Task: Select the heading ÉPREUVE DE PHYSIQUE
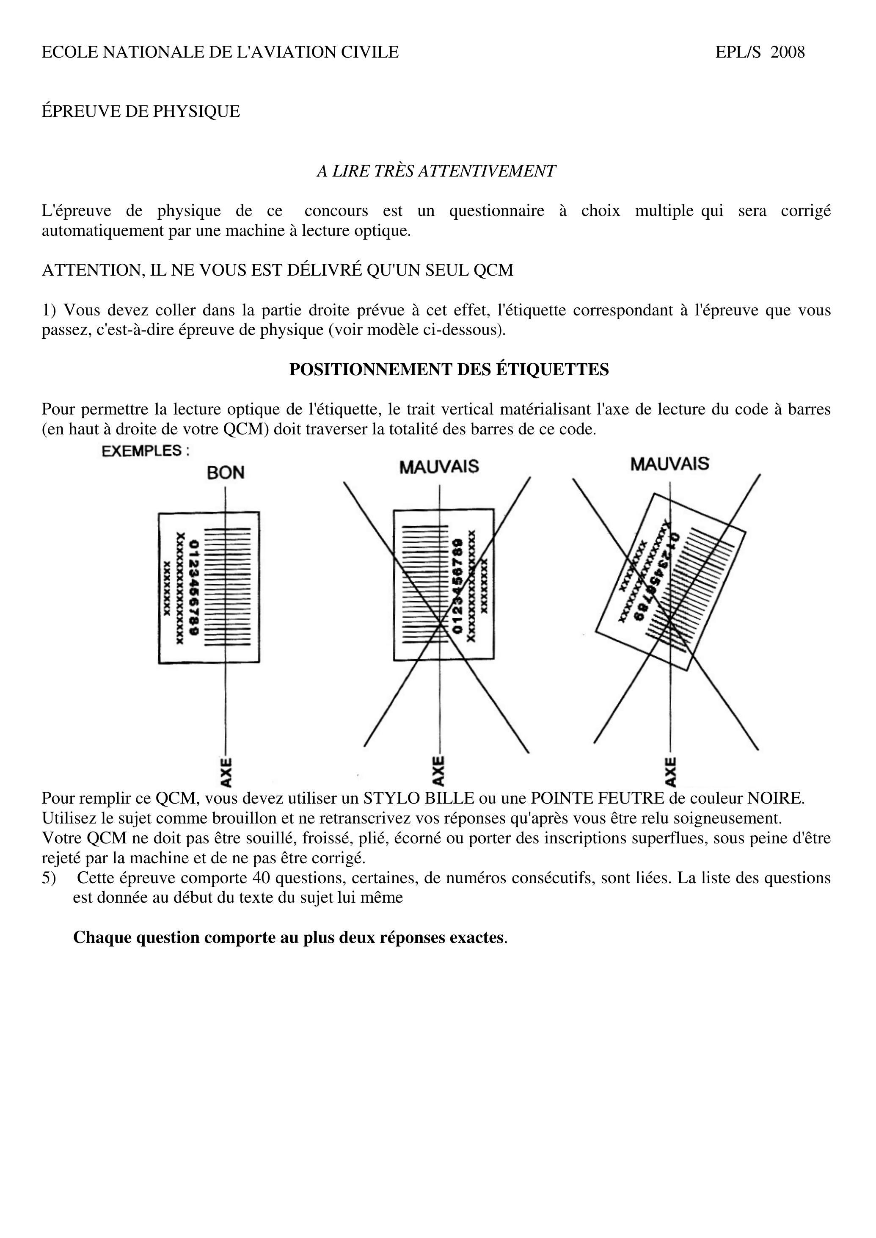point(141,112)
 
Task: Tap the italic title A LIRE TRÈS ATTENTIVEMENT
point(436,171)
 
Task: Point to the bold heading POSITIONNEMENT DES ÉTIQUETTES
point(449,370)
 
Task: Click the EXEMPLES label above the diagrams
point(146,451)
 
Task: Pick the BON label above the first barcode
point(226,473)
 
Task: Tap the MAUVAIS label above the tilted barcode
point(669,464)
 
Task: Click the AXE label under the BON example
point(226,772)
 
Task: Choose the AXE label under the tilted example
point(670,772)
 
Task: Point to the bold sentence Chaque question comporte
point(289,937)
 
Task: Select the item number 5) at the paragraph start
point(49,878)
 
